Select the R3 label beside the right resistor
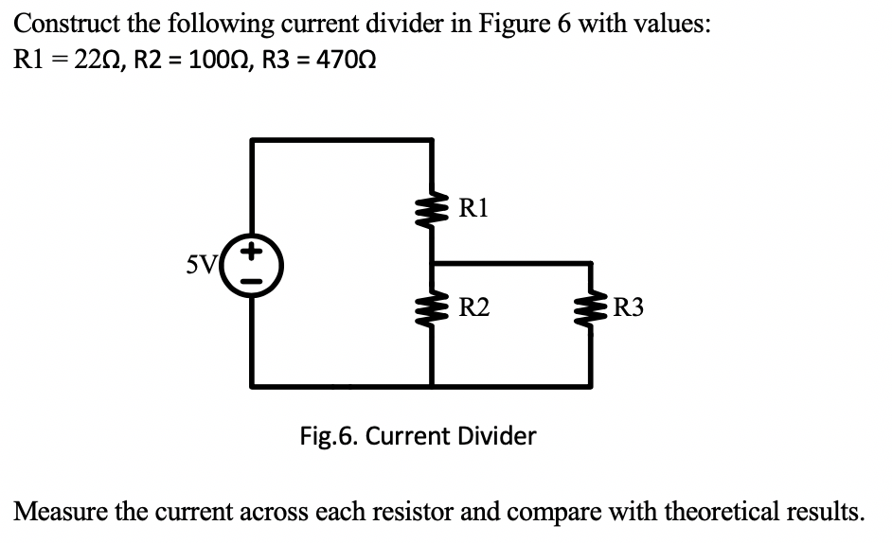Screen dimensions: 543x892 [x=631, y=306]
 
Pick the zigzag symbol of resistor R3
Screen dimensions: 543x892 [x=592, y=307]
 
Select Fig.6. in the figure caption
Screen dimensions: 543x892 [x=329, y=436]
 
